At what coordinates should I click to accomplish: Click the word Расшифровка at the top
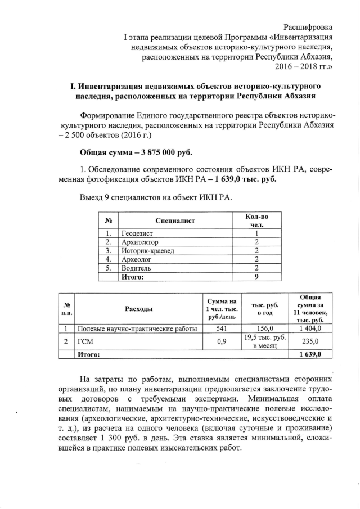tap(308, 27)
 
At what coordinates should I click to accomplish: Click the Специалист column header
tap(175, 221)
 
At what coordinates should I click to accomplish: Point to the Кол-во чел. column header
tap(256, 220)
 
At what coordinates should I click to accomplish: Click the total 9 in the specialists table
tap(256, 277)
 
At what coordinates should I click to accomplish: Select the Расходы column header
tap(138, 308)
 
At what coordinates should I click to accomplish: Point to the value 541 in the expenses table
tap(221, 329)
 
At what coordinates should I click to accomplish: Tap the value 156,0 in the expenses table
tap(264, 329)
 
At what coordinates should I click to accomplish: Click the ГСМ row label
tap(84, 341)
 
